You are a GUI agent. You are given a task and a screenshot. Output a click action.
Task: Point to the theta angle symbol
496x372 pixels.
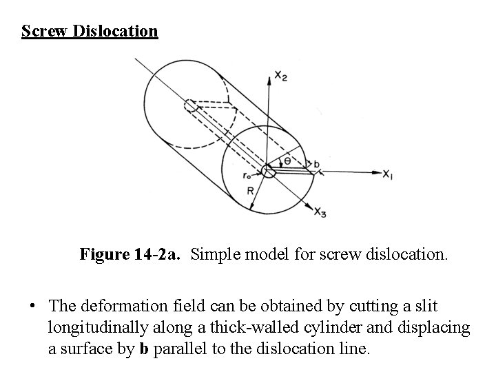pyautogui.click(x=288, y=161)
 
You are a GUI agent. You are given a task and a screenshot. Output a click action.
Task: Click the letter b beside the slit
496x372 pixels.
pyautogui.click(x=316, y=165)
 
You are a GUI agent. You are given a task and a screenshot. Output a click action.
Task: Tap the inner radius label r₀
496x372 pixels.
pyautogui.click(x=247, y=176)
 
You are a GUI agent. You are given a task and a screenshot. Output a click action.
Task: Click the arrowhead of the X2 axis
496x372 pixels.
pyautogui.click(x=269, y=72)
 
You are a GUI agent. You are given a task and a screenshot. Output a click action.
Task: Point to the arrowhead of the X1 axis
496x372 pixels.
pyautogui.click(x=378, y=172)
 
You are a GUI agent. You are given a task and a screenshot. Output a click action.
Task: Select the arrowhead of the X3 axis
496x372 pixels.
pyautogui.click(x=311, y=207)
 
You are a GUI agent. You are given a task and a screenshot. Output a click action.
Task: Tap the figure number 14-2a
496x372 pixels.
pyautogui.click(x=156, y=255)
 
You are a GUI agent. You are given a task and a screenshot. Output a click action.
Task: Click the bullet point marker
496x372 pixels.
pyautogui.click(x=32, y=305)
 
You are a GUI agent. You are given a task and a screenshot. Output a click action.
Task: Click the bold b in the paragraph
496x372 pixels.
pyautogui.click(x=143, y=349)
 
